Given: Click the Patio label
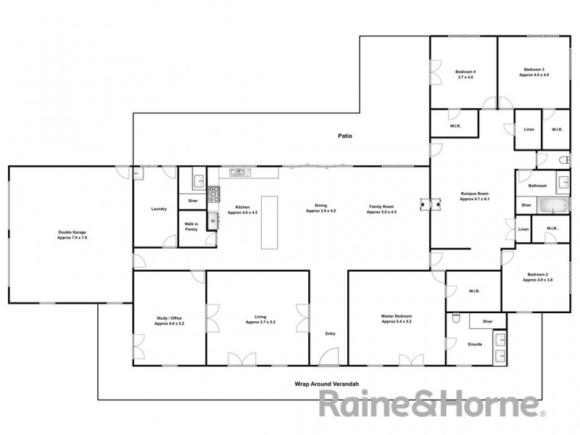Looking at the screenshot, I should coord(345,136).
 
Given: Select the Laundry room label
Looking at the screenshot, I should coord(159,210).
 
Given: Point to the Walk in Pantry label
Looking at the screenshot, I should coord(192,227).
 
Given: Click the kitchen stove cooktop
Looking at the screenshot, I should coord(213,194).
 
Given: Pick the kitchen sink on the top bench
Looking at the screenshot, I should coord(238,173).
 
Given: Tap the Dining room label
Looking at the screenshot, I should coord(320,207).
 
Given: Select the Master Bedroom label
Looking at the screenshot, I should coord(397,319).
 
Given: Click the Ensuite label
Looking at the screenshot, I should coord(475,344).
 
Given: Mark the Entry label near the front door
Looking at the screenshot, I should coord(331,333).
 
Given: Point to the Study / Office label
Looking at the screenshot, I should coord(169,321).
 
